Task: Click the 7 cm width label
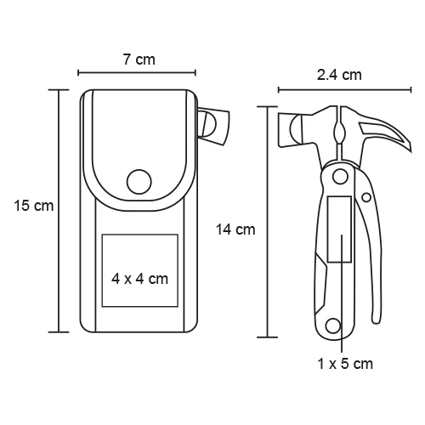click(139, 59)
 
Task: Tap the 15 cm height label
click(34, 206)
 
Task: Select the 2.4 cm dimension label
click(339, 75)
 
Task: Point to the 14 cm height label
click(235, 229)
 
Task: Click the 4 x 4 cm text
click(139, 279)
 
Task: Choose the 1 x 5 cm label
click(345, 364)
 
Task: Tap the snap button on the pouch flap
click(139, 182)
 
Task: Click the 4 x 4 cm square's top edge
click(140, 235)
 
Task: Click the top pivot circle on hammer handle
click(340, 177)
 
